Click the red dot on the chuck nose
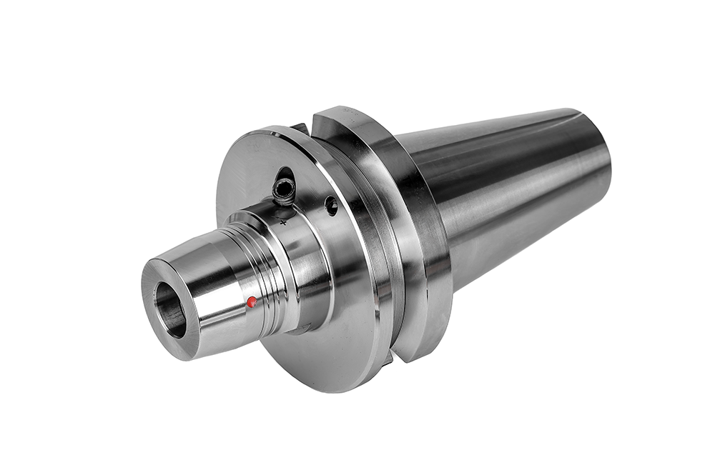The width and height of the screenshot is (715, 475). click(251, 301)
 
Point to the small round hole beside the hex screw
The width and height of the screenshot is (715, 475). click(331, 206)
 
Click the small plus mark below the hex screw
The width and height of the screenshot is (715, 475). click(285, 222)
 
